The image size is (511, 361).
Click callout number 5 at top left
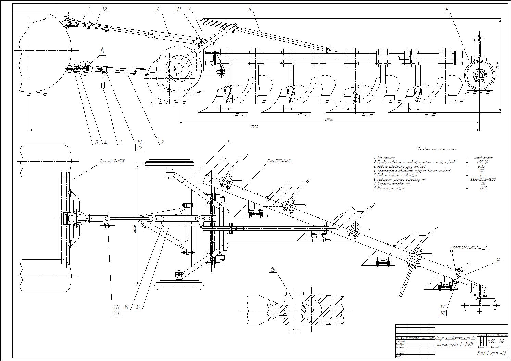pyautogui.click(x=89, y=9)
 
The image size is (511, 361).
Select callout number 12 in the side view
pyautogui.click(x=104, y=9)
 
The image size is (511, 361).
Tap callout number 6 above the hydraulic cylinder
pyautogui.click(x=158, y=9)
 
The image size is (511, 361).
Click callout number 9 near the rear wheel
pyautogui.click(x=447, y=9)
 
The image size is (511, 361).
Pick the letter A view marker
pyautogui.click(x=102, y=50)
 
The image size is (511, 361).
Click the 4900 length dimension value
pyautogui.click(x=329, y=120)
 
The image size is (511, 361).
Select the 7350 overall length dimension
pyautogui.click(x=254, y=127)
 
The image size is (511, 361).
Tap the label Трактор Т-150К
pyautogui.click(x=112, y=161)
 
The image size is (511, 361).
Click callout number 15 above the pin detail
pyautogui.click(x=273, y=270)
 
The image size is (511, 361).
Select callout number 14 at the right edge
pyautogui.click(x=498, y=260)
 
